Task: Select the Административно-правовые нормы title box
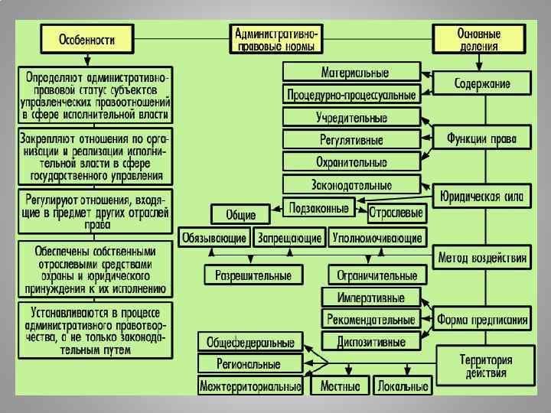(x=276, y=39)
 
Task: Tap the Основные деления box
(x=479, y=39)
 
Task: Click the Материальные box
(x=351, y=73)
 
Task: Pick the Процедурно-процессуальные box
(x=351, y=96)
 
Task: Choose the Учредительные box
(x=351, y=118)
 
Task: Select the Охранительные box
(x=351, y=162)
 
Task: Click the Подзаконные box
(x=318, y=206)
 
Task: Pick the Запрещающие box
(x=289, y=238)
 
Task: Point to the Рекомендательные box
(x=371, y=319)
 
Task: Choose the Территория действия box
(x=486, y=366)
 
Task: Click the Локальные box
(x=403, y=386)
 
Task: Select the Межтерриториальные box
(x=250, y=386)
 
